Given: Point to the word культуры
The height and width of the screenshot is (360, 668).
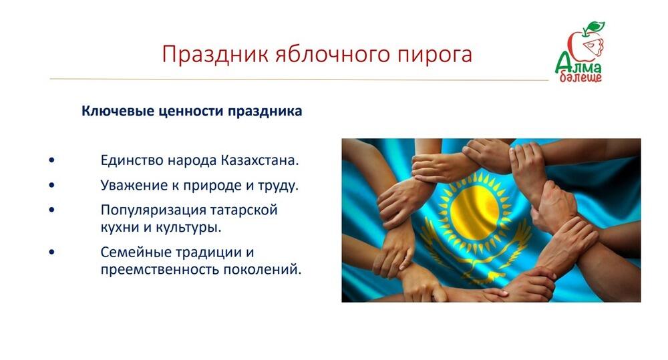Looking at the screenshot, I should click(190, 227).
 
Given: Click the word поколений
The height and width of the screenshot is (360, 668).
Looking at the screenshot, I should click(261, 271).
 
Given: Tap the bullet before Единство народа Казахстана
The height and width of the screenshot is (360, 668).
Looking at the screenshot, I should click(52, 161).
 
